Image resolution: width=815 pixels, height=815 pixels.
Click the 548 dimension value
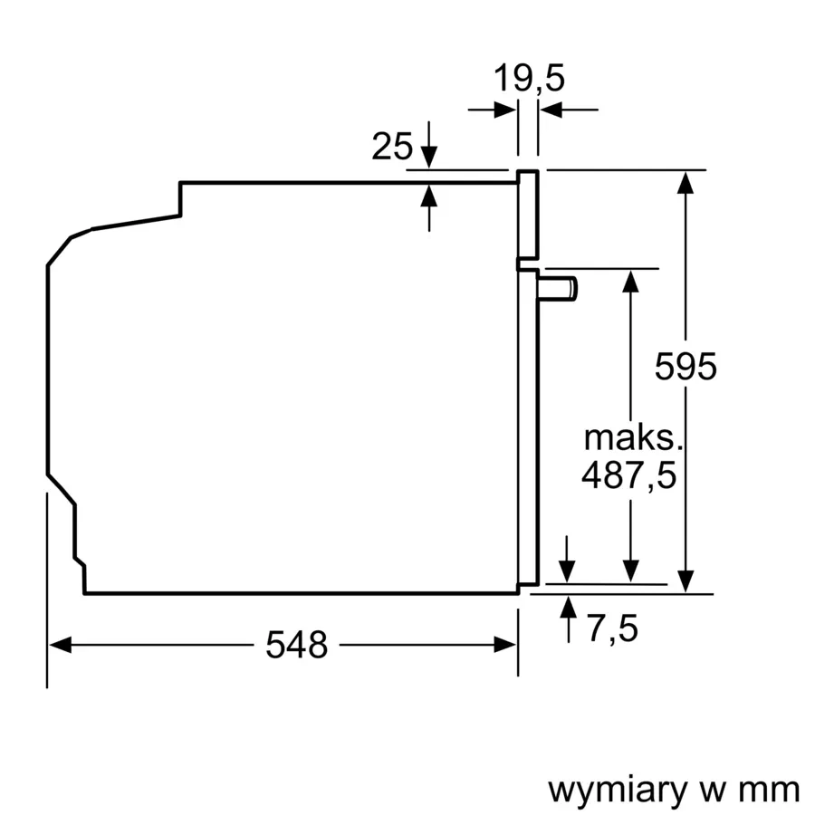(x=296, y=645)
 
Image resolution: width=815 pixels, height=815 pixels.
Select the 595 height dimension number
(x=686, y=367)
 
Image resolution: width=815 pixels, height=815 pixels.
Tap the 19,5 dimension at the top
(x=529, y=79)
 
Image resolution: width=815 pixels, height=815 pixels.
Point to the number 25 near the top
(x=392, y=146)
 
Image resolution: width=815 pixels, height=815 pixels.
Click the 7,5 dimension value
(x=611, y=628)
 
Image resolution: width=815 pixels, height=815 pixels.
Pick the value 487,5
(x=628, y=475)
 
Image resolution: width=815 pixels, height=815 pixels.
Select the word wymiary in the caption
(x=618, y=790)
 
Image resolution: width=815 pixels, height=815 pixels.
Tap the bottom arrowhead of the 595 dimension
(x=686, y=581)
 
